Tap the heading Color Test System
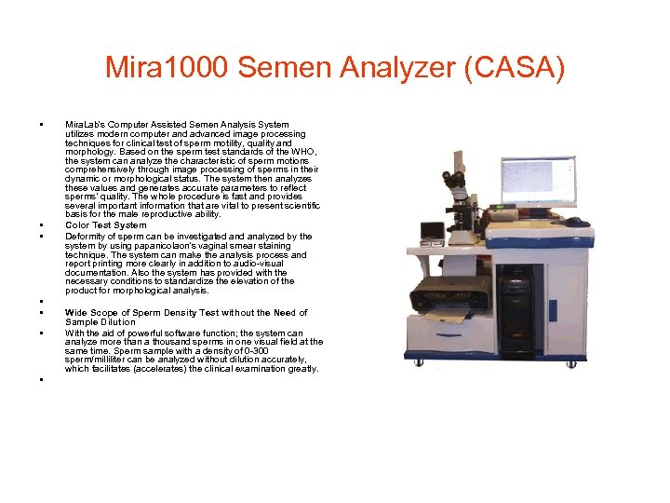pos(106,225)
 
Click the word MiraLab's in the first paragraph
pos(85,124)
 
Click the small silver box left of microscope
pos(431,229)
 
